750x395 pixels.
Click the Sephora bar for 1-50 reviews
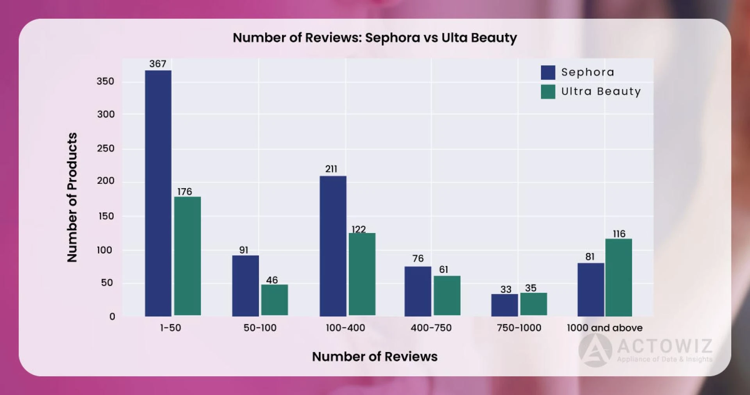[x=158, y=193]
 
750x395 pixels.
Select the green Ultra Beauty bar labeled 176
[x=187, y=256]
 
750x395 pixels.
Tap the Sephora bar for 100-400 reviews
[x=333, y=246]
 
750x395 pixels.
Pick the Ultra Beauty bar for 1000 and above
[x=618, y=278]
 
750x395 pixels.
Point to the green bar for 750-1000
[x=533, y=304]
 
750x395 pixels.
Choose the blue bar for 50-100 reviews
[x=245, y=286]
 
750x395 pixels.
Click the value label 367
[x=158, y=64]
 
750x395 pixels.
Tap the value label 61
[x=443, y=269]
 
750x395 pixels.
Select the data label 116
[x=619, y=234]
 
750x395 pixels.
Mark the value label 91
[x=243, y=250]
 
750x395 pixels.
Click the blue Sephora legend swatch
[x=548, y=73]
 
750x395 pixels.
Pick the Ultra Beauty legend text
[x=601, y=91]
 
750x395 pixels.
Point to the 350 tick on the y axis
[x=105, y=81]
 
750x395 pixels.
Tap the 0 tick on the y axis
[x=112, y=317]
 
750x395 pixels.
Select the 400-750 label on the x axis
[x=431, y=328]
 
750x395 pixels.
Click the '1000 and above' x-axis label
[x=604, y=328]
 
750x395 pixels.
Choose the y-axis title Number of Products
[x=72, y=197]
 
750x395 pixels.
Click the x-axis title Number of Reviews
[x=375, y=356]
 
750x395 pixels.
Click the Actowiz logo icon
[x=595, y=350]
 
